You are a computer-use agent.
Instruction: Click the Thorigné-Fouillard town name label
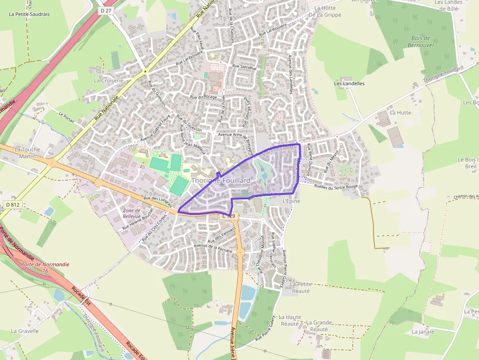pyautogui.click(x=220, y=181)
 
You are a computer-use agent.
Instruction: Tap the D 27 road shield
pyautogui.click(x=105, y=10)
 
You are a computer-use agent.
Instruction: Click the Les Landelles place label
pyautogui.click(x=349, y=84)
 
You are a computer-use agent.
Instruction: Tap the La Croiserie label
pyautogui.click(x=109, y=80)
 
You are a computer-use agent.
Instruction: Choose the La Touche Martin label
pyautogui.click(x=27, y=153)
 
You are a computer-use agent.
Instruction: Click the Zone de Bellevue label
pyautogui.click(x=131, y=213)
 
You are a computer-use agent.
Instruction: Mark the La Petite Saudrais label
pyautogui.click(x=29, y=14)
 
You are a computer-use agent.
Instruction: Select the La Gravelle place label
pyautogui.click(x=24, y=331)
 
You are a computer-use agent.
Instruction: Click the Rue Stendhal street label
pyautogui.click(x=244, y=66)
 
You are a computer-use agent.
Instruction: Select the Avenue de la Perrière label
pyautogui.click(x=213, y=247)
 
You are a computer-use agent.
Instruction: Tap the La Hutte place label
pyautogui.click(x=400, y=112)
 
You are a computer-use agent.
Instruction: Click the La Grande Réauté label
pyautogui.click(x=319, y=326)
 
